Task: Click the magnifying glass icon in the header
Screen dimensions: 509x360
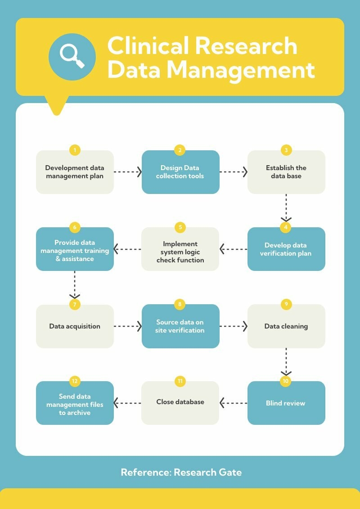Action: coord(72,57)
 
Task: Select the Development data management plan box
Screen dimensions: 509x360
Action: coord(75,172)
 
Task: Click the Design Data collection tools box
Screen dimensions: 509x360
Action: coord(180,172)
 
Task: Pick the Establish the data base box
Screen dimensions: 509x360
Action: coord(286,172)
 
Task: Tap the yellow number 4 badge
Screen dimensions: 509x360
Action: coord(286,227)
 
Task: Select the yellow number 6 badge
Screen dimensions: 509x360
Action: coord(75,227)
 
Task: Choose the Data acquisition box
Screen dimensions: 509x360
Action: coord(75,326)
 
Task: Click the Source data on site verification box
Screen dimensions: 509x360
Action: coord(180,326)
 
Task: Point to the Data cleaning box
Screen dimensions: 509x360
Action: coord(286,326)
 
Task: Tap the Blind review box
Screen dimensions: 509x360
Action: coord(286,403)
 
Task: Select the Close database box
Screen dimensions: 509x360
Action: coord(180,402)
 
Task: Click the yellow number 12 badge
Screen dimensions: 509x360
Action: coord(75,381)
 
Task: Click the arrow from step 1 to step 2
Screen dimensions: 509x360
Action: coord(128,171)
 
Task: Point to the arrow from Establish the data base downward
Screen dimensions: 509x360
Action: coord(286,208)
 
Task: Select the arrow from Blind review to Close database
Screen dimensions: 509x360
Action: coord(233,403)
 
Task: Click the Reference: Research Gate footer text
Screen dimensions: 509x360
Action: coord(181,472)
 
